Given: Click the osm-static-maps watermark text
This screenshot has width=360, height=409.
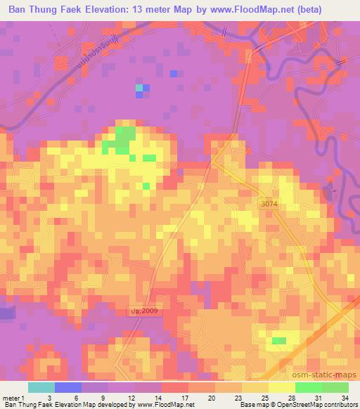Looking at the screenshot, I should pos(328,374).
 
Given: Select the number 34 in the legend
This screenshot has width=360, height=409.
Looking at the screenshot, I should pos(345,397).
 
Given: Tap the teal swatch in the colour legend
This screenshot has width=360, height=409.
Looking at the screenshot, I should pos(41,387).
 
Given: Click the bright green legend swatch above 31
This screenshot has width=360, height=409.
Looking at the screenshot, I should pos(308,387).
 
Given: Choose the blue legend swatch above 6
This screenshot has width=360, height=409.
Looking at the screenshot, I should pos(67,387).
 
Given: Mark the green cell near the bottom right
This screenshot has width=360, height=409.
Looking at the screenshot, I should pos(279,341).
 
